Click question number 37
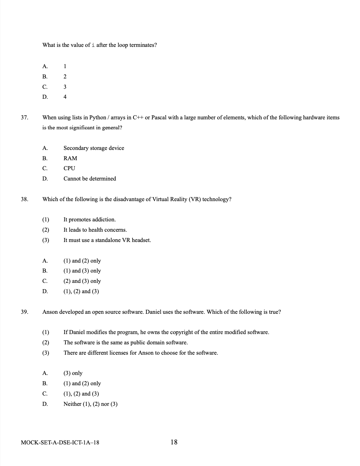point(24,117)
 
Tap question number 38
point(24,199)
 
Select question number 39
point(24,312)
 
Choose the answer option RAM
point(70,158)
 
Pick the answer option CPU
point(69,168)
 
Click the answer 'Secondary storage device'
point(94,148)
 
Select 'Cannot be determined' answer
point(90,178)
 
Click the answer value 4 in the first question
point(65,97)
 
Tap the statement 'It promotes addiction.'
point(89,219)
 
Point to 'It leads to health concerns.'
point(95,230)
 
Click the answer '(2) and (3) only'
point(82,281)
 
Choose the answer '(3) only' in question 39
point(73,373)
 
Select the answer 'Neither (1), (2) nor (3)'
point(90,404)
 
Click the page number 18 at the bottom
point(174,442)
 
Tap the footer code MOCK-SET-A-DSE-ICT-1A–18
point(60,442)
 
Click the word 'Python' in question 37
point(98,117)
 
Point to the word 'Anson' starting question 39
point(50,312)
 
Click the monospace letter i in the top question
point(93,45)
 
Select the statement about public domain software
point(126,342)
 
